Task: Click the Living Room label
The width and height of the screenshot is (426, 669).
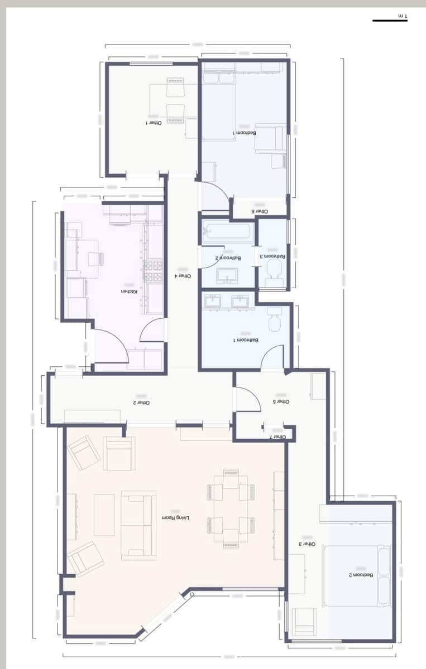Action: point(176,518)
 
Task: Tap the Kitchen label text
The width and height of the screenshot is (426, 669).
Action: point(129,292)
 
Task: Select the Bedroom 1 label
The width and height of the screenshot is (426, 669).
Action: point(245,133)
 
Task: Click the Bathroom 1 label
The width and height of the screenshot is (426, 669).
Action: point(246,340)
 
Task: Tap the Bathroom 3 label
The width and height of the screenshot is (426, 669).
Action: point(272,256)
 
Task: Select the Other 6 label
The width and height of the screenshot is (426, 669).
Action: point(260,211)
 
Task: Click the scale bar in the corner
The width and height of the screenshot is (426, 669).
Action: point(390,21)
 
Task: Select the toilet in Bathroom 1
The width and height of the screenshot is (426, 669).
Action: point(275,319)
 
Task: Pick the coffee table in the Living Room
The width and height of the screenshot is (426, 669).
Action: point(104,515)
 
